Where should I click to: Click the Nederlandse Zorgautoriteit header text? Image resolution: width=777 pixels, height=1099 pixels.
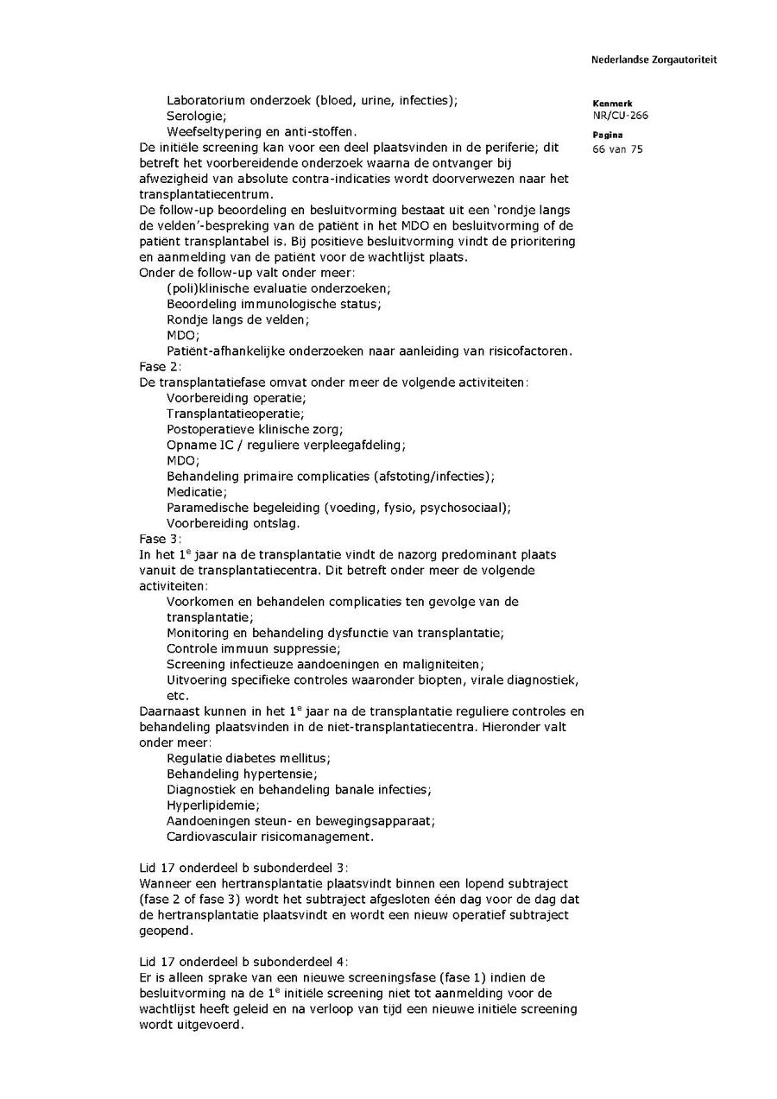654,60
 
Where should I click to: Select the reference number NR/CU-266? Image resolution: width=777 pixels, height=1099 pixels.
620,115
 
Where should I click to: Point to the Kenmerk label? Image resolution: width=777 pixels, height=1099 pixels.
612,104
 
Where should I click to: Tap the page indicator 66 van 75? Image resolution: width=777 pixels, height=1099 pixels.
617,148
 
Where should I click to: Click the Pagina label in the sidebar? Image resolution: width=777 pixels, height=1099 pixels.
608,136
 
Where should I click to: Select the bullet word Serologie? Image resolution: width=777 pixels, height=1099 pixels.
196,116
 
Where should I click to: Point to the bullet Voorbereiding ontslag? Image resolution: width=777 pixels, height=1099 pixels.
233,523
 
